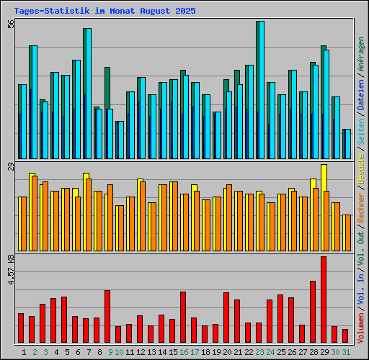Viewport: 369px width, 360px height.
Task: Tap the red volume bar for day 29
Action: click(324, 300)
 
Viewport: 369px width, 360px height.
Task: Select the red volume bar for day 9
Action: click(107, 317)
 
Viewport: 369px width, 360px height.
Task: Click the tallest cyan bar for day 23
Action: click(260, 89)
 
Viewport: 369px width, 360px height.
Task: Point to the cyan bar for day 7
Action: click(87, 93)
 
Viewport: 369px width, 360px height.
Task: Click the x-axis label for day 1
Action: click(25, 351)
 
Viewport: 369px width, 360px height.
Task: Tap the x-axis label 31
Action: click(346, 351)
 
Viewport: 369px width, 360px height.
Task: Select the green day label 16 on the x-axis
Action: click(184, 351)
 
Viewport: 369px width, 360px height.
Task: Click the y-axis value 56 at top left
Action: click(11, 24)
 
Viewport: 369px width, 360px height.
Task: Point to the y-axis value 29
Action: click(11, 167)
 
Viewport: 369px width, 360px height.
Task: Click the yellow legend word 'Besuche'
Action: click(361, 167)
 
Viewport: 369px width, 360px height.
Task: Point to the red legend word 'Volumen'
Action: click(361, 332)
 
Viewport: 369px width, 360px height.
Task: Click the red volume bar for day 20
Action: click(226, 318)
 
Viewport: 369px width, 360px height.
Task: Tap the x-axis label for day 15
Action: click(173, 351)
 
